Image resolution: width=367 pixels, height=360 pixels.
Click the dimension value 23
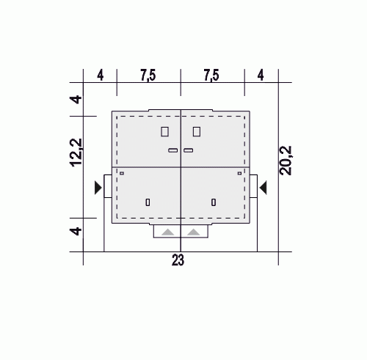178,260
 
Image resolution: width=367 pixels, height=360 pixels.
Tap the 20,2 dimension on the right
286,161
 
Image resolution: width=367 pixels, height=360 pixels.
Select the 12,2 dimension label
76,153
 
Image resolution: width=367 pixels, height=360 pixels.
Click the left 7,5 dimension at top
148,75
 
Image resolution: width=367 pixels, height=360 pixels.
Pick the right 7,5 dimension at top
212,75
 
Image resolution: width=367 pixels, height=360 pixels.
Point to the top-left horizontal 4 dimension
101,76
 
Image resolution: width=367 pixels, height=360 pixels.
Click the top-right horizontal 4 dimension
261,76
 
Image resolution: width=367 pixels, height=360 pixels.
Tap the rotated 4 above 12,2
76,100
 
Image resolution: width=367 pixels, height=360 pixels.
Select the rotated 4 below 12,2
76,231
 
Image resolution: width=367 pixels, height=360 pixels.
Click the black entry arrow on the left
98,188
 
